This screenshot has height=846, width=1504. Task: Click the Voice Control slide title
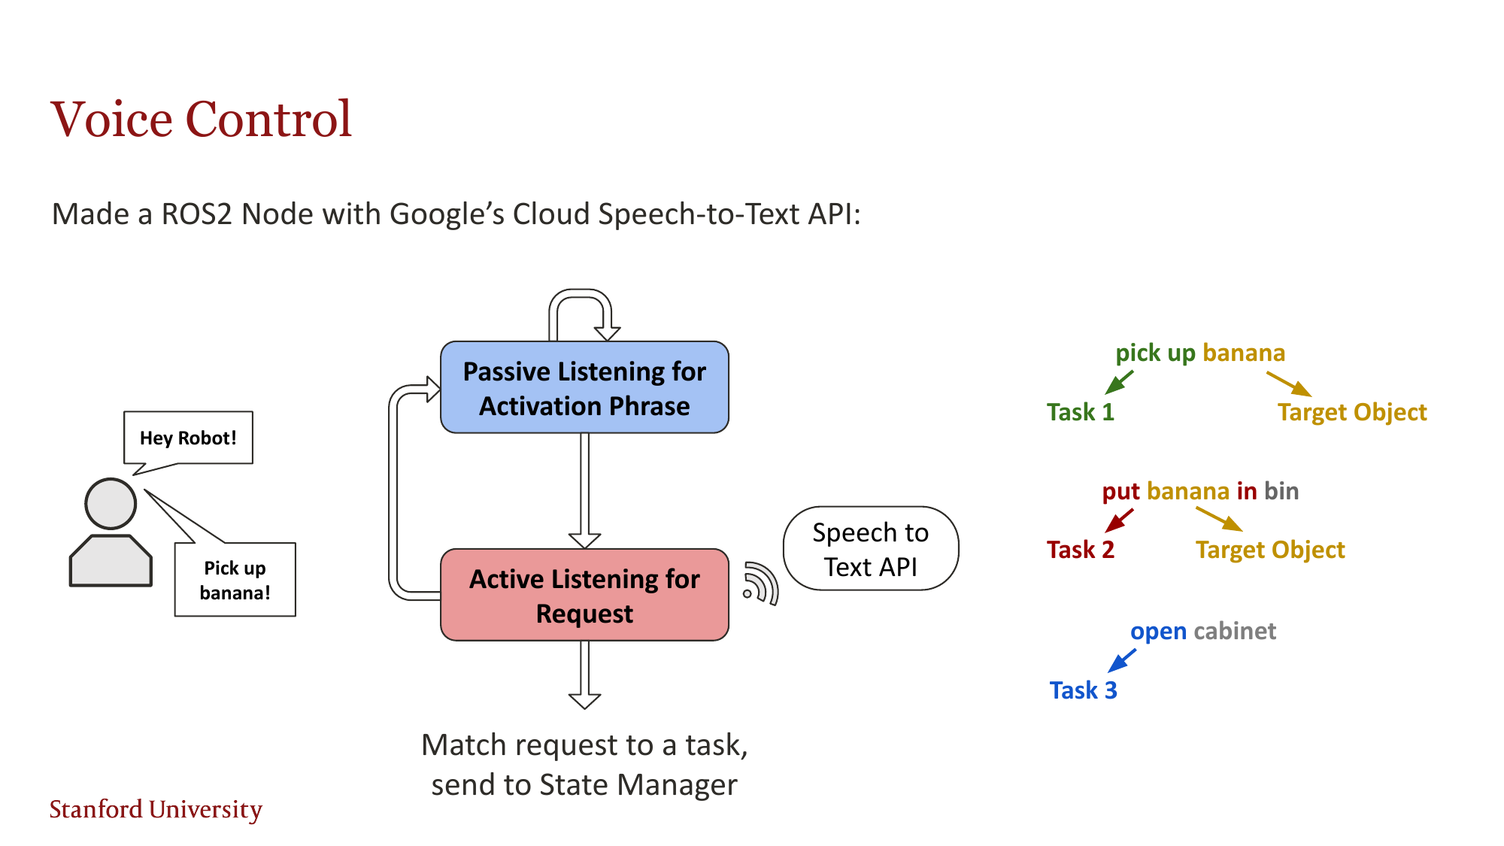tap(201, 119)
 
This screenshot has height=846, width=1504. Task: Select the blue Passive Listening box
tap(584, 387)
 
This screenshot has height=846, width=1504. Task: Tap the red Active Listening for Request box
tap(584, 595)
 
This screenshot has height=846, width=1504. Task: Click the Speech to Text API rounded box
tap(870, 549)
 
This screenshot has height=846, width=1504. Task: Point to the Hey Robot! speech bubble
tap(188, 438)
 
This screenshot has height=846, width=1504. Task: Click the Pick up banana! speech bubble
tap(235, 580)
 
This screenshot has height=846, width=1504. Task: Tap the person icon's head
tap(111, 504)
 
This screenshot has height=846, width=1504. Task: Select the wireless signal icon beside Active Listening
tap(760, 583)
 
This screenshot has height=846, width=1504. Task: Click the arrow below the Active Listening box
tap(584, 675)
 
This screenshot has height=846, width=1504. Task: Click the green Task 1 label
tap(1080, 412)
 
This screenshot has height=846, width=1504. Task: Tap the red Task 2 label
tap(1080, 550)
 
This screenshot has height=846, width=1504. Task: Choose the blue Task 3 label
tap(1083, 690)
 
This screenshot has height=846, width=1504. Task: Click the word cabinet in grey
tap(1235, 631)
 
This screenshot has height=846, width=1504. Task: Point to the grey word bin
tap(1281, 491)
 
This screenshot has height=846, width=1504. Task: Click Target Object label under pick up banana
tap(1351, 412)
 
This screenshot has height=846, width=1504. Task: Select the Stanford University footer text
tap(156, 809)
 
